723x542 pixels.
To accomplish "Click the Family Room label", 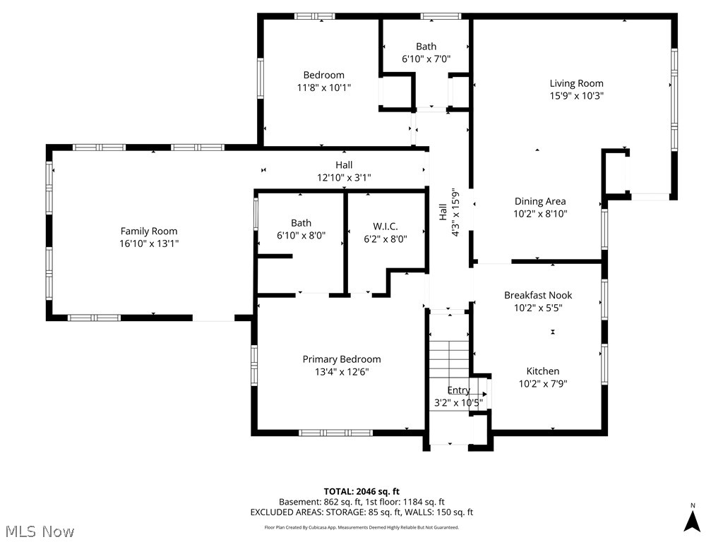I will tap(149, 231).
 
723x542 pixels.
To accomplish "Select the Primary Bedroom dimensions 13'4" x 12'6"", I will tap(342, 372).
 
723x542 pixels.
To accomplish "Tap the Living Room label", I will tap(576, 83).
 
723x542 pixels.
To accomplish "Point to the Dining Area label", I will tap(540, 201).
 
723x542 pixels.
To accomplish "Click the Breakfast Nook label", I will tap(538, 295).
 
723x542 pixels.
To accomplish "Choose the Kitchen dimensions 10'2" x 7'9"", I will tap(543, 384).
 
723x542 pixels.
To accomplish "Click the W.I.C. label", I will tap(386, 226).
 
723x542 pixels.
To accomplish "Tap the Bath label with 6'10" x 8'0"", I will tap(301, 223).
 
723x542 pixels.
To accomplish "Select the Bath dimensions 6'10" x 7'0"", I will tap(426, 59).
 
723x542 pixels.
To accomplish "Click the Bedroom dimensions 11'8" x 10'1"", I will tap(324, 88).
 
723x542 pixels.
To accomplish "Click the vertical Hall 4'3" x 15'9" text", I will tap(449, 212).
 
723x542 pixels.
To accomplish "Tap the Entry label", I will tap(458, 390).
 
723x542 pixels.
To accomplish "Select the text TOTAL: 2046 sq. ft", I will tap(361, 491).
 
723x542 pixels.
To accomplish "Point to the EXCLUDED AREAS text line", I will tap(361, 512).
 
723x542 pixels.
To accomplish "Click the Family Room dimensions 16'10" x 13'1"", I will tap(149, 243).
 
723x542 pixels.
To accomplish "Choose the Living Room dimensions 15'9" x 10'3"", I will tap(576, 96).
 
